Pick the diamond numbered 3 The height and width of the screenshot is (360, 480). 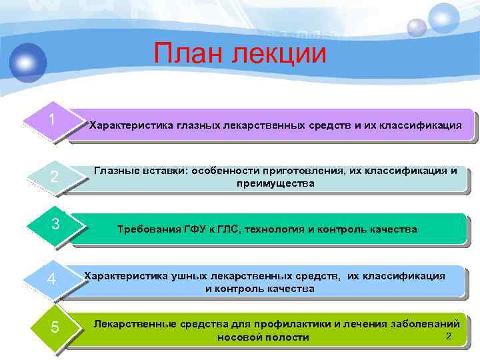pyautogui.click(x=57, y=225)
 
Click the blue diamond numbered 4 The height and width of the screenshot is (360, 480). pyautogui.click(x=51, y=278)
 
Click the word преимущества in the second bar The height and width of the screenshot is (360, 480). pyautogui.click(x=275, y=183)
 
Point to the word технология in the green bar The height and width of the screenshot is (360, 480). pyautogui.click(x=273, y=229)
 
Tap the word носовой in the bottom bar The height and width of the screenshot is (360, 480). pyautogui.click(x=240, y=337)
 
